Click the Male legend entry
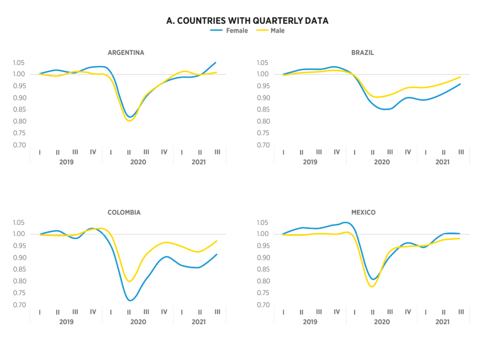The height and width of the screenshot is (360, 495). click(x=277, y=30)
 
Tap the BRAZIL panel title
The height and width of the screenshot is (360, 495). click(x=370, y=53)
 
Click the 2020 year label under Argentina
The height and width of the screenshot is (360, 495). click(x=138, y=162)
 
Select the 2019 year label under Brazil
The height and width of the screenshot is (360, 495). click(x=310, y=162)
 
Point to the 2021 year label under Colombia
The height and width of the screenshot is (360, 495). click(x=198, y=321)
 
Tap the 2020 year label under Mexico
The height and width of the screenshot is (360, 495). click(x=382, y=321)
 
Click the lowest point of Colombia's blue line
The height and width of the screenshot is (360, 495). click(x=130, y=301)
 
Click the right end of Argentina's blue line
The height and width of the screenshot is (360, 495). click(x=216, y=62)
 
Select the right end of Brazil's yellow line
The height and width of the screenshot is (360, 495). click(x=460, y=77)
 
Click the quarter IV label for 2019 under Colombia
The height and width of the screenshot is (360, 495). click(x=93, y=312)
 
